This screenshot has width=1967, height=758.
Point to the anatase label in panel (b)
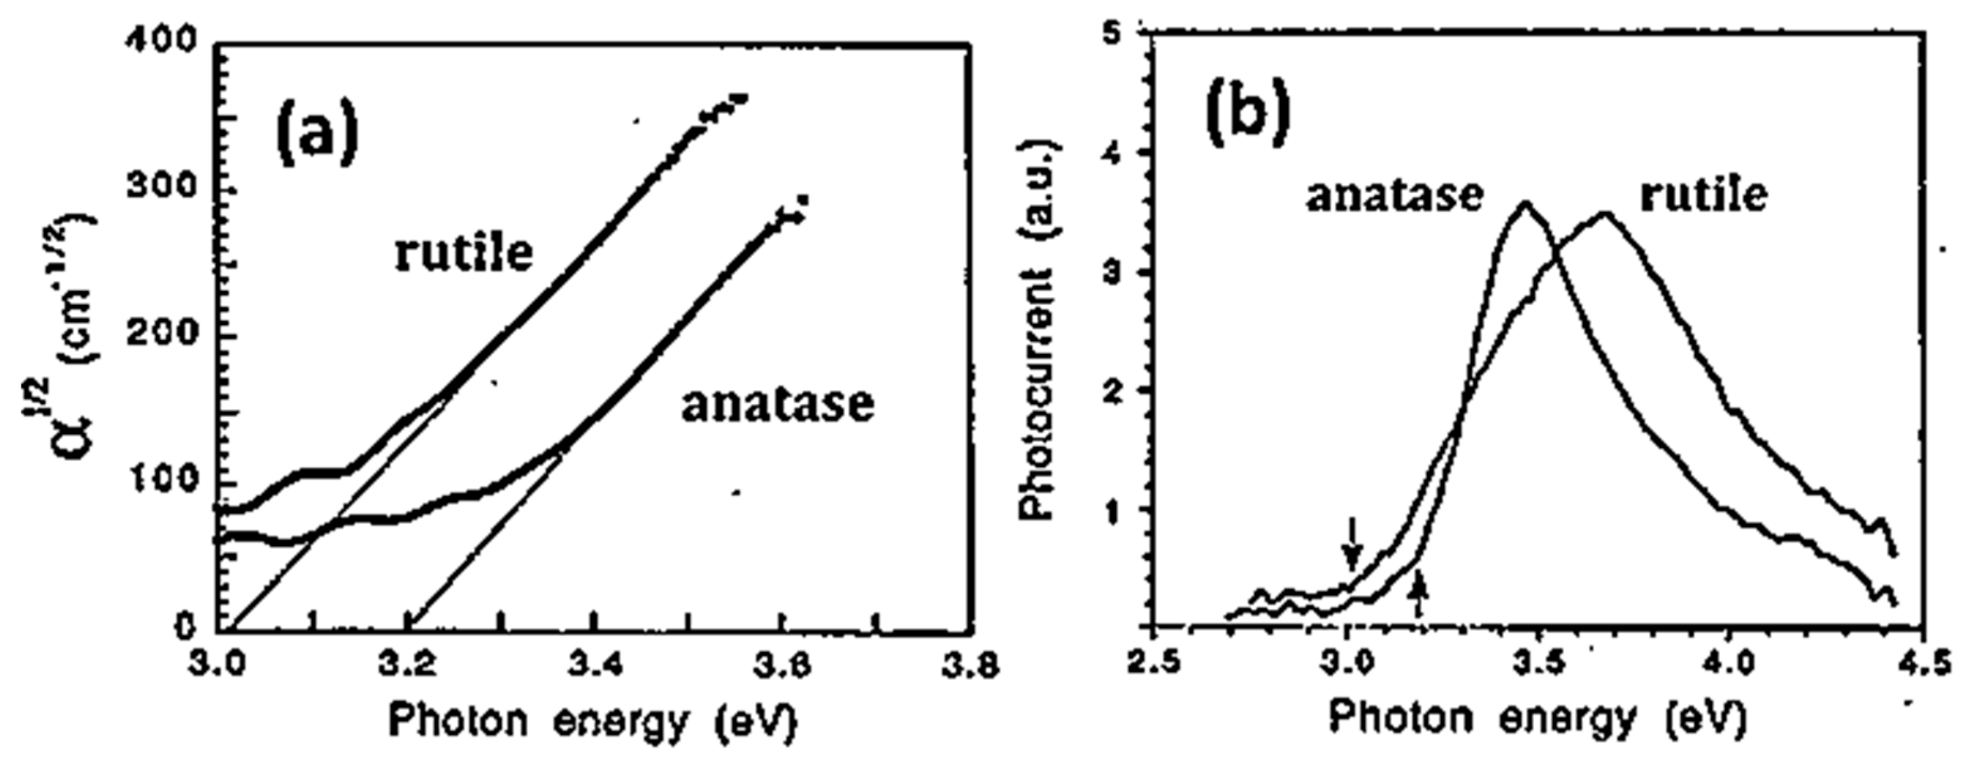[1394, 196]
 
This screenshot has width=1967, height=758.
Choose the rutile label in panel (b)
[1704, 196]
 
